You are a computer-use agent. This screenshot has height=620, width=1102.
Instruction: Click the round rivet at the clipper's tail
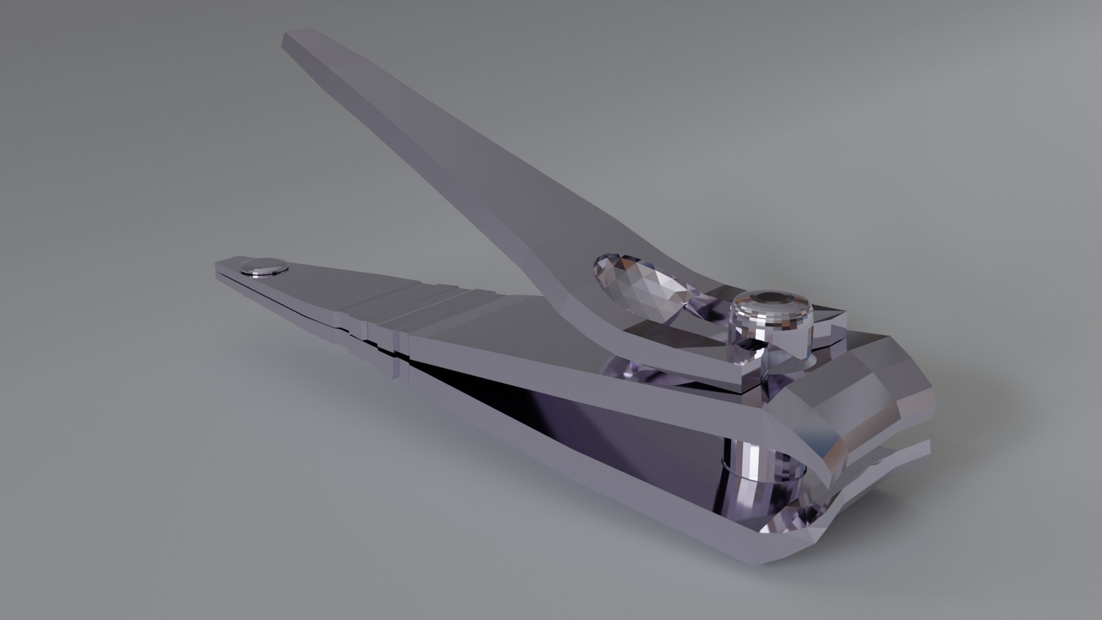pyautogui.click(x=263, y=266)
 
